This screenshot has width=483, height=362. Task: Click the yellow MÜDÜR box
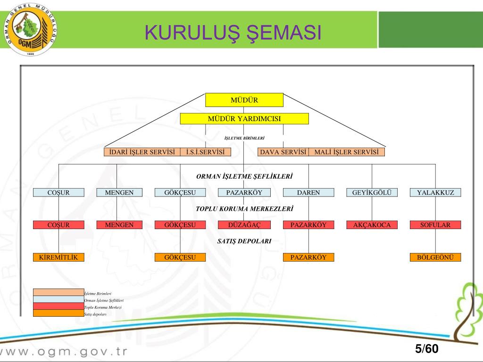tap(244, 100)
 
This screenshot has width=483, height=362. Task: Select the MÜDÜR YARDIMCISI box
tap(244, 118)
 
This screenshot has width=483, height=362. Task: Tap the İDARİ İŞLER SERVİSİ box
tap(142, 152)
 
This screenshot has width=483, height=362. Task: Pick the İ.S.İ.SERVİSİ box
tap(206, 152)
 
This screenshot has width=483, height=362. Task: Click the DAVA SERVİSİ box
tap(283, 152)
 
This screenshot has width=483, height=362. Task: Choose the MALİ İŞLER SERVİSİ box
tap(347, 152)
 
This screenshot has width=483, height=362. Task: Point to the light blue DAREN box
tap(308, 192)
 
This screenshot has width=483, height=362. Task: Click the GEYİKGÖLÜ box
tap(372, 192)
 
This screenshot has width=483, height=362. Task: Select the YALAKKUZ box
tap(435, 192)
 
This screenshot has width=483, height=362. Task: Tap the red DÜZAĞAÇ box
tap(243, 225)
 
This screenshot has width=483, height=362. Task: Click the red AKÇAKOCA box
tap(372, 225)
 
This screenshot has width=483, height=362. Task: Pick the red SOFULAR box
tap(435, 225)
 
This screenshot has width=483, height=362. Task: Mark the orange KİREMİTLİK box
tap(58, 257)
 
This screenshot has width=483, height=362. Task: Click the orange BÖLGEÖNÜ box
tap(435, 257)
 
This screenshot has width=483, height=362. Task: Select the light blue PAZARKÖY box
tap(243, 192)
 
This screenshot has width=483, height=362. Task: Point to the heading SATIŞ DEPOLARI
tap(244, 241)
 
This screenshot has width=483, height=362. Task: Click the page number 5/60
tap(426, 349)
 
